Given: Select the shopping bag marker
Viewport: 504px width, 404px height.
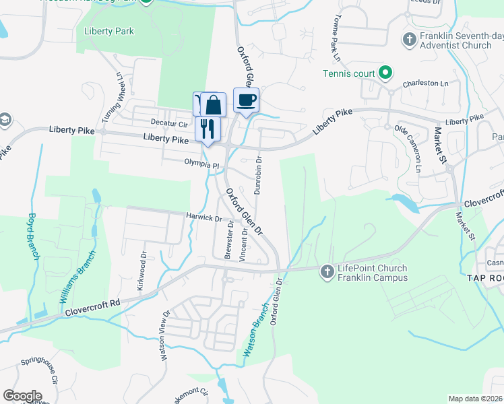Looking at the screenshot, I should click(213, 105).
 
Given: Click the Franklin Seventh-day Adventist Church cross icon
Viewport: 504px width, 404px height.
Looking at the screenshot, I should click(409, 39).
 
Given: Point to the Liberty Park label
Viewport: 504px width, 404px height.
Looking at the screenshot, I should click(109, 31).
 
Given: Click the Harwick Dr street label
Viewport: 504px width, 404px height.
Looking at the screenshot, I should click(204, 217).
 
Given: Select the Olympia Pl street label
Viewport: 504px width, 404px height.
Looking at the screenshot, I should click(202, 164).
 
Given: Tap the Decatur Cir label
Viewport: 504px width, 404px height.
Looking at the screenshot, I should click(168, 124).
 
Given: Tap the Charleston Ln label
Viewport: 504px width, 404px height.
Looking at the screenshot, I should click(426, 84).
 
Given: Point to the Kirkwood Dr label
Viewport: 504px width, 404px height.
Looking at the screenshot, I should click(142, 267).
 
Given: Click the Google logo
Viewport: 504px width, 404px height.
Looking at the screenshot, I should click(22, 395).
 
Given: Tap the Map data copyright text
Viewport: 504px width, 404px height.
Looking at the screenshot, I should click(474, 399).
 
